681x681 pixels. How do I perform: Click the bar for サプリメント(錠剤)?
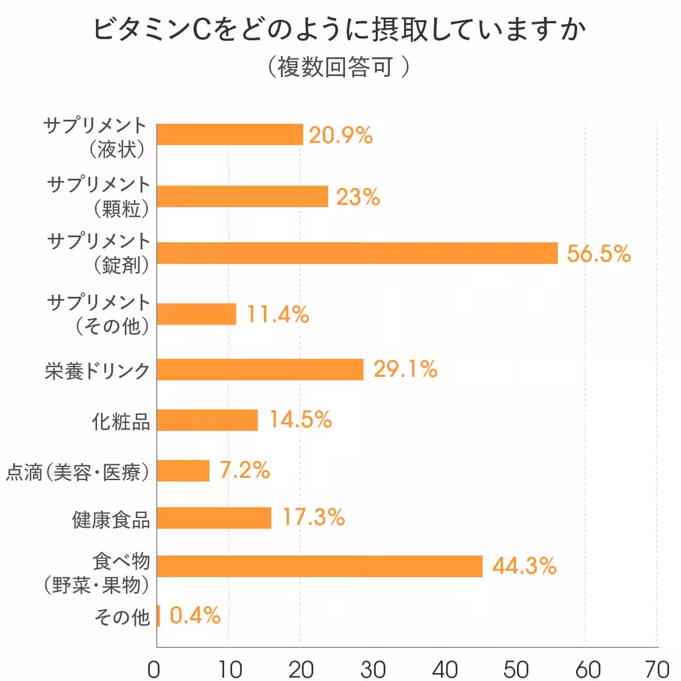358,253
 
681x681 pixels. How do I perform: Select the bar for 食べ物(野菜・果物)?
320,566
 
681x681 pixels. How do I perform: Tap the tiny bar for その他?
158,616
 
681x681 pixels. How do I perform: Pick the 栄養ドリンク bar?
260,369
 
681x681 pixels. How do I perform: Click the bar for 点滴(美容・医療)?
183,470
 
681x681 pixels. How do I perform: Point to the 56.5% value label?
599,254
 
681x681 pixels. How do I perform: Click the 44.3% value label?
524,566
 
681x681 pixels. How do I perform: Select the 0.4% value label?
195,616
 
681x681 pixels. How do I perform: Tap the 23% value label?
358,197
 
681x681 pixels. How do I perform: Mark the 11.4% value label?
278,314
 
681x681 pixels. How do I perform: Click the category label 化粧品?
121,421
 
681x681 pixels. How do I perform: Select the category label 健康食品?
111,519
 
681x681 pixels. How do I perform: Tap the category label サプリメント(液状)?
95,137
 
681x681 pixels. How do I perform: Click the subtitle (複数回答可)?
339,67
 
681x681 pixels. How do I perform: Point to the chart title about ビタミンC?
339,30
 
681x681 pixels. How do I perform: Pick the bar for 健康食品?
214,518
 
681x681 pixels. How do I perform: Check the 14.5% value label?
300,420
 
